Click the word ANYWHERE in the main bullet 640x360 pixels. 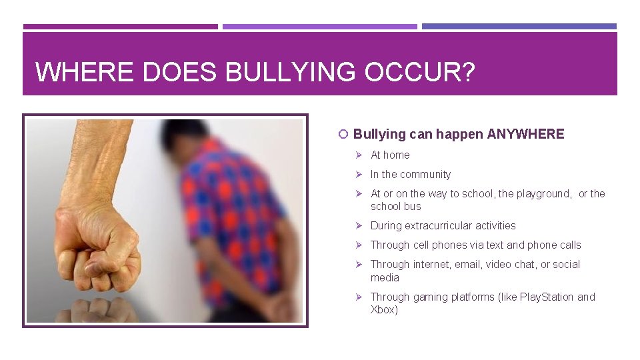tap(525, 134)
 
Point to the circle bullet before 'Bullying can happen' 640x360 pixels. tap(343, 135)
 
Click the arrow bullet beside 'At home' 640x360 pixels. tap(358, 155)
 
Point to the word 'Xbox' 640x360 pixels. tap(383, 309)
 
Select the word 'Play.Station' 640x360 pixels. tap(541, 297)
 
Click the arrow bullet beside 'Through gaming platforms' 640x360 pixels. tap(358, 297)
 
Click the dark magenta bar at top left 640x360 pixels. tap(120, 27)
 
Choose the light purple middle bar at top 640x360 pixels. tap(319, 27)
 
